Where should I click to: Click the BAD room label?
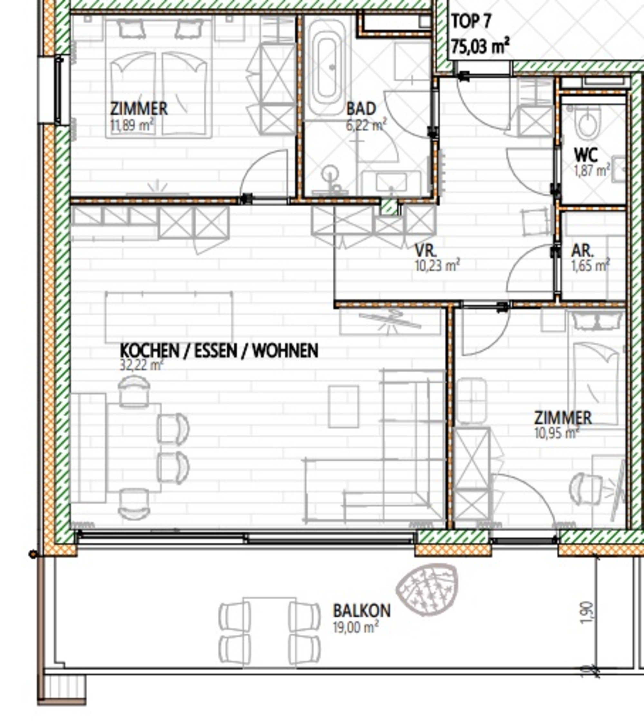click(x=361, y=109)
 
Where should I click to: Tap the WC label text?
click(x=586, y=155)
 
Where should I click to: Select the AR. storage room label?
click(x=582, y=251)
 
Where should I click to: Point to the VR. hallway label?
click(x=426, y=251)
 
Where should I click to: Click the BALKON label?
click(x=362, y=611)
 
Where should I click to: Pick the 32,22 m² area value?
click(x=142, y=365)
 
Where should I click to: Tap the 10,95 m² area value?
click(x=557, y=433)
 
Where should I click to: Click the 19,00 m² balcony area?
click(x=356, y=628)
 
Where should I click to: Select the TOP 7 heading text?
click(x=471, y=22)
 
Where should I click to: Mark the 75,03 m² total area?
click(x=480, y=46)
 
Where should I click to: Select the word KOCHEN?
click(x=149, y=351)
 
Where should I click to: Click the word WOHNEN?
click(x=286, y=351)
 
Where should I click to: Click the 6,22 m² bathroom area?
click(x=366, y=125)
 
